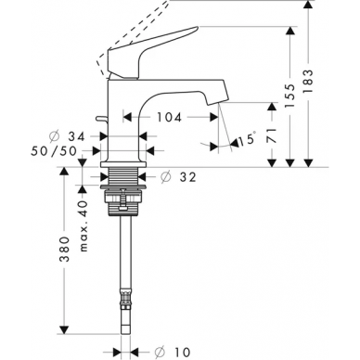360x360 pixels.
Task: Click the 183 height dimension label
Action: click(308, 82)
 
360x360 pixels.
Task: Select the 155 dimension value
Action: click(290, 96)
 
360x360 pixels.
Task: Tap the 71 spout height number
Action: click(272, 135)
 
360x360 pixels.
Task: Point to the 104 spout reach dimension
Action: click(169, 117)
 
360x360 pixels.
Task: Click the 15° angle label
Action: click(248, 139)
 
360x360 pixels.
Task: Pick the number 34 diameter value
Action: click(76, 136)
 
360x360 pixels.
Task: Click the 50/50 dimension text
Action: click(54, 151)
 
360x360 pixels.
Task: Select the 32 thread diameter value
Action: click(187, 177)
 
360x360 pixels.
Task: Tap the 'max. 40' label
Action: click(84, 225)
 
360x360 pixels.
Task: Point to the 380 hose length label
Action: click(64, 250)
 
